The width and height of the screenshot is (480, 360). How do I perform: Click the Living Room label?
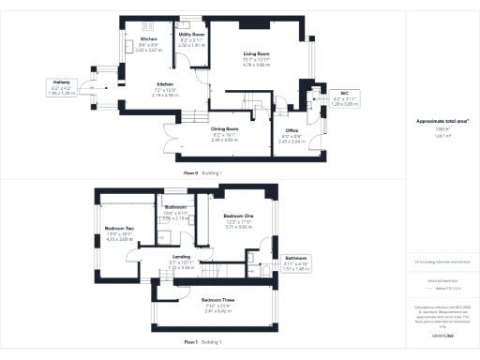click(x=256, y=54)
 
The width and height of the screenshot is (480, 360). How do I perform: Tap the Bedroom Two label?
click(x=119, y=228)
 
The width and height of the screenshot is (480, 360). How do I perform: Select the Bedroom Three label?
click(x=217, y=298)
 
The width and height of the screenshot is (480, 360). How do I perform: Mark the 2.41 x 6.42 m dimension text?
click(x=217, y=308)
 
